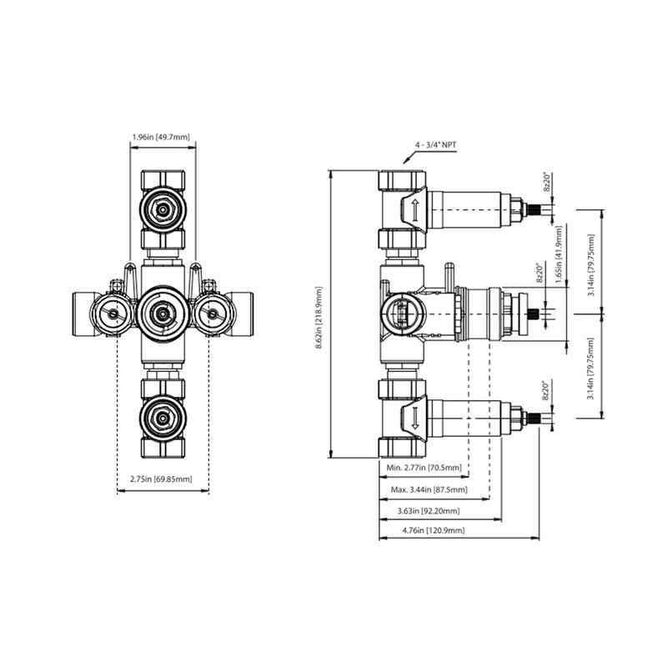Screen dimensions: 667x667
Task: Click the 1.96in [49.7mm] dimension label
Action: click(x=163, y=135)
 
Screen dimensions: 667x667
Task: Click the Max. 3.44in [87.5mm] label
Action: click(x=429, y=489)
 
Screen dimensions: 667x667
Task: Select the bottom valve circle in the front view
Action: click(x=163, y=414)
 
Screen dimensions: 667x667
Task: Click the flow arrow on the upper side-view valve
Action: click(x=411, y=210)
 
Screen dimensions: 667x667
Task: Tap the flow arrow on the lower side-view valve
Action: click(x=411, y=419)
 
